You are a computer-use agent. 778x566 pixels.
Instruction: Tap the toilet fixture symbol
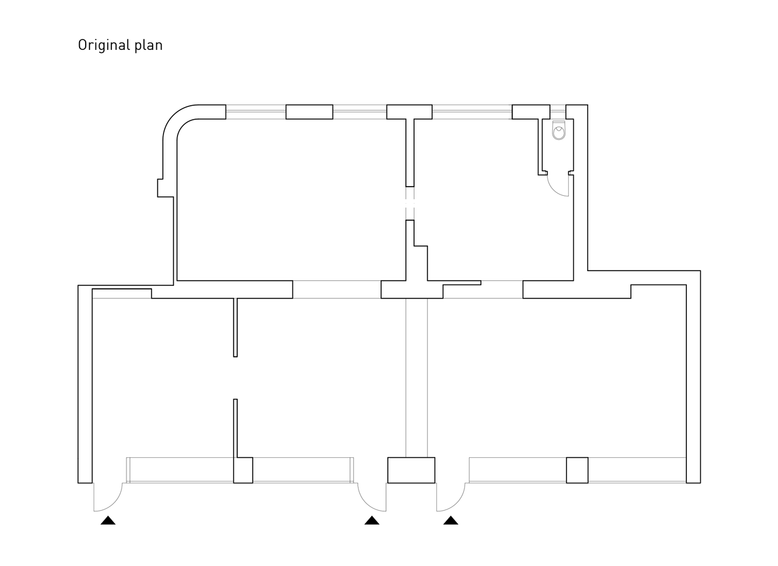[x=559, y=132]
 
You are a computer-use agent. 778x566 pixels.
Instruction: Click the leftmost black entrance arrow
[x=108, y=520]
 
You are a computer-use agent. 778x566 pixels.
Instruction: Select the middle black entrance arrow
[x=371, y=520]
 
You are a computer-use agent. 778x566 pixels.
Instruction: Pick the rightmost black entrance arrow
[x=450, y=520]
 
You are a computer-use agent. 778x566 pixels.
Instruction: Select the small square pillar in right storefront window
[x=577, y=470]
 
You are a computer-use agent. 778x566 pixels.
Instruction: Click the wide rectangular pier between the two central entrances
[x=411, y=470]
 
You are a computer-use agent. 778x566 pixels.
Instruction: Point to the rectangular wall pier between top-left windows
[x=309, y=112]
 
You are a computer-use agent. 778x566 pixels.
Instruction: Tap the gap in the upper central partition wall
[x=410, y=203]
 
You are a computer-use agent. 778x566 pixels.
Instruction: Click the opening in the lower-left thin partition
[x=235, y=378]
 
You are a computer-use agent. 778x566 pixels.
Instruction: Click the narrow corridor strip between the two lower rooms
[x=416, y=377]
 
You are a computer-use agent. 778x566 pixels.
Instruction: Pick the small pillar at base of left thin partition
[x=243, y=470]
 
